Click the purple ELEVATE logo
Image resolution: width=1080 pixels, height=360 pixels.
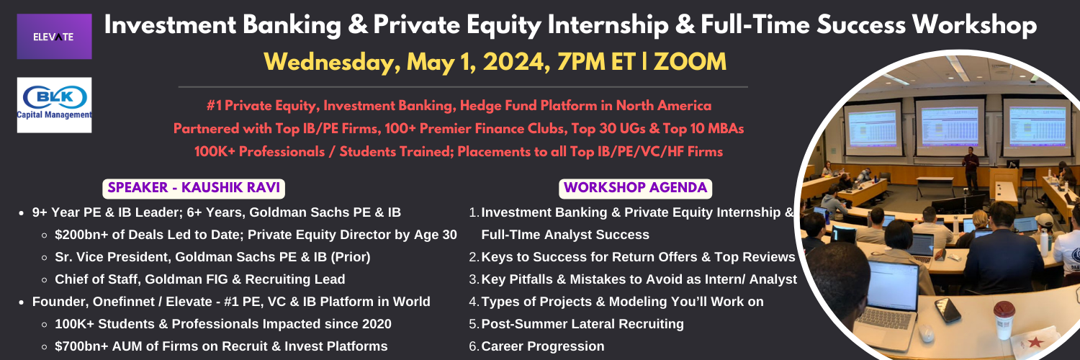coord(54,36)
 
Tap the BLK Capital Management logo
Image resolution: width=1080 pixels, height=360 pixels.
coord(54,105)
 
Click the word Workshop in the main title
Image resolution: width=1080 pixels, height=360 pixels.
coord(974,25)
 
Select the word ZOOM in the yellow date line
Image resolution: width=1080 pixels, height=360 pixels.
coord(690,62)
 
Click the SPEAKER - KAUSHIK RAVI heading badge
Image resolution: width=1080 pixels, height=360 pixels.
coord(194,188)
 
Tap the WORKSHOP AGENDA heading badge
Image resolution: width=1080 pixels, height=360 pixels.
coord(636,188)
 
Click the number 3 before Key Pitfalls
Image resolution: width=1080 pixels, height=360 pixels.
coord(473,279)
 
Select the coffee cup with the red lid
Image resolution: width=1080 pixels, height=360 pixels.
coord(1004,319)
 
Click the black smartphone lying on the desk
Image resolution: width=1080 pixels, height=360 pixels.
coord(948,310)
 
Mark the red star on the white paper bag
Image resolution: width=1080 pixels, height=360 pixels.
coord(1035,343)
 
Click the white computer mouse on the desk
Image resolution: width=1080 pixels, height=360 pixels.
coord(926,333)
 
